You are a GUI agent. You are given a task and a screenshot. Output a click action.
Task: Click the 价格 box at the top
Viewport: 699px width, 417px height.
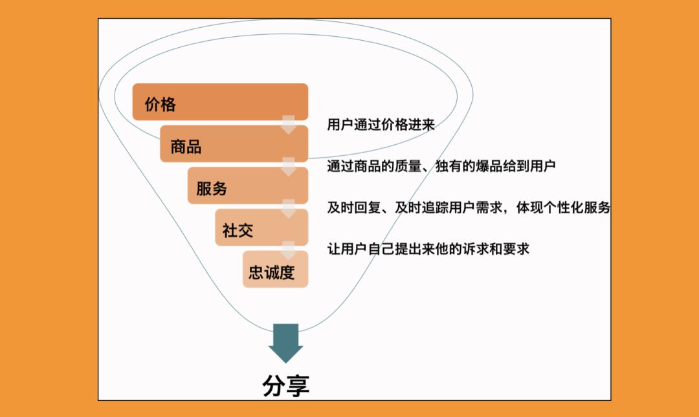tap(220, 102)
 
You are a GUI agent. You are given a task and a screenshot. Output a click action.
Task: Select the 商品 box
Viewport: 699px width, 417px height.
tap(234, 144)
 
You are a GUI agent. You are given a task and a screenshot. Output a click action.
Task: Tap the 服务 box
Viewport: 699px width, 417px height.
tap(248, 186)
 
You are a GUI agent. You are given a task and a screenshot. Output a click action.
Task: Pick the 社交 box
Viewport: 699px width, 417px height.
tap(261, 227)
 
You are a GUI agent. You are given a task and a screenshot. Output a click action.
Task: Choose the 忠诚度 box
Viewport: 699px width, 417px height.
tap(276, 269)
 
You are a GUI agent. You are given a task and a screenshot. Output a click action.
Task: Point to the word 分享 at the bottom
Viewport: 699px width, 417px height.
tap(286, 386)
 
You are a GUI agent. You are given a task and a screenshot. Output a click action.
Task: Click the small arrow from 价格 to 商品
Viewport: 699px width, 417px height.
tap(289, 125)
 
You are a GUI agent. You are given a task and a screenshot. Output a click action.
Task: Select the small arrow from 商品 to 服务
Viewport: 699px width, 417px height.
tap(289, 167)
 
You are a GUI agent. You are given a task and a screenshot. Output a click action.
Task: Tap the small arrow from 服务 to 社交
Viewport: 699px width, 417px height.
tap(289, 208)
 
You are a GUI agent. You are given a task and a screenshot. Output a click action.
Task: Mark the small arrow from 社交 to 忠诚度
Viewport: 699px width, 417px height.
tap(289, 250)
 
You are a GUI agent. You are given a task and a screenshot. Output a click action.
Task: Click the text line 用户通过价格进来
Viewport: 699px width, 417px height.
tap(381, 124)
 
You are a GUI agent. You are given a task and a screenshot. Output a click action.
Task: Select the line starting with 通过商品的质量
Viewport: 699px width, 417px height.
tap(441, 166)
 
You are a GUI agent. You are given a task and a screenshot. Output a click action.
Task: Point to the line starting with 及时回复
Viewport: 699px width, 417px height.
tap(469, 208)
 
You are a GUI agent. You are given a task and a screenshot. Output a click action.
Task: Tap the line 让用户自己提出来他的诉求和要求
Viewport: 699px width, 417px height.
tap(428, 249)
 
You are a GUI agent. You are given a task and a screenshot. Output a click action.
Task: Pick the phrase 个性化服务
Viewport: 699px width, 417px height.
tap(577, 208)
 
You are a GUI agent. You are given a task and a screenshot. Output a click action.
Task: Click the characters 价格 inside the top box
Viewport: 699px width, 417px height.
tap(160, 104)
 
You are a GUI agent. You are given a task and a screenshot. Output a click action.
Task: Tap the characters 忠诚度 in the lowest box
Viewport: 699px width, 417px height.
tap(271, 272)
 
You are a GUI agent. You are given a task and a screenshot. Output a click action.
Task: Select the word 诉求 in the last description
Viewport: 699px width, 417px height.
tap(475, 249)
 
